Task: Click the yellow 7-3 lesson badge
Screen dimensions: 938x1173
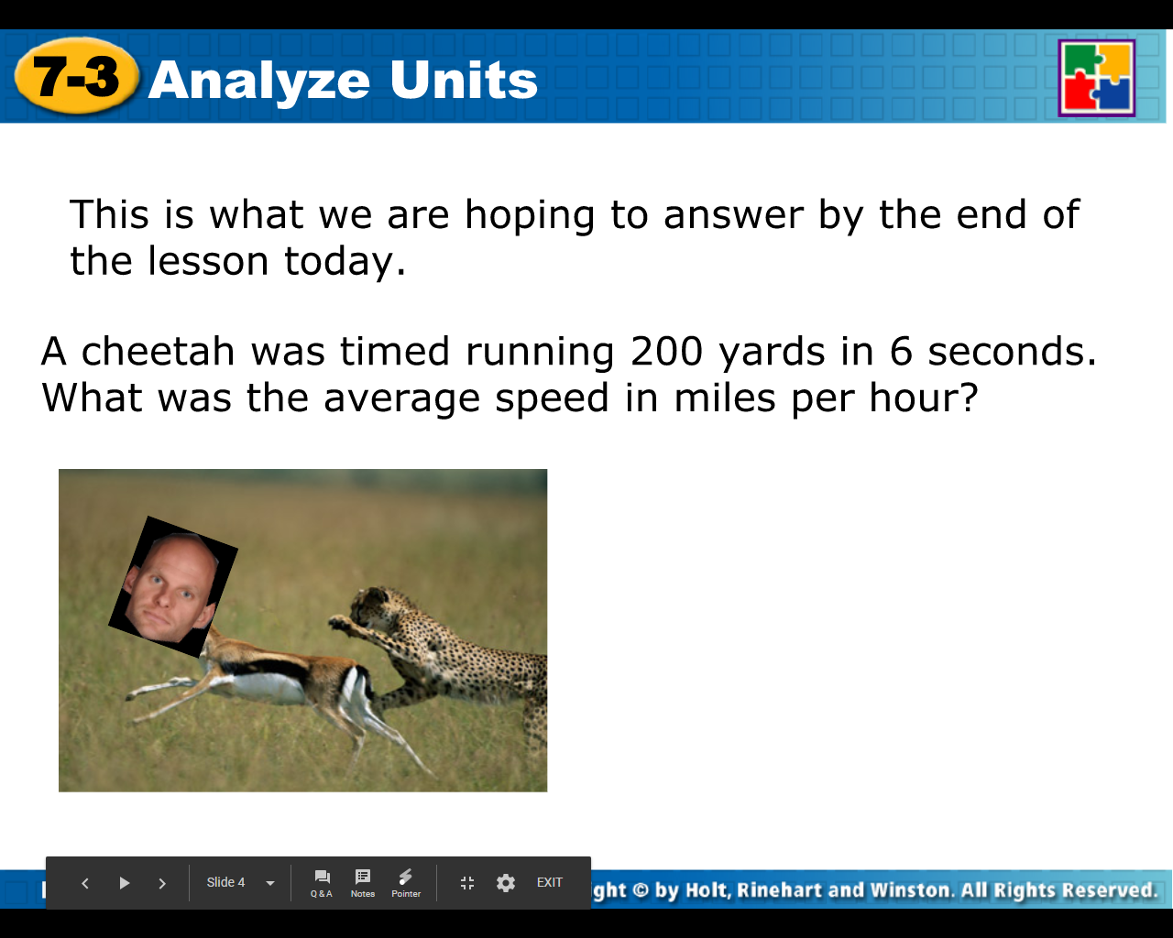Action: point(77,77)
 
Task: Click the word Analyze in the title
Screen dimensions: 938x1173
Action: point(259,81)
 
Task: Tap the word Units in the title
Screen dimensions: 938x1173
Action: point(464,81)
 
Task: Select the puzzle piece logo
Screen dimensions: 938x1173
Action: point(1097,78)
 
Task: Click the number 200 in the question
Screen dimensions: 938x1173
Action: point(666,352)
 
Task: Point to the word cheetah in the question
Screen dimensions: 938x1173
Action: point(159,352)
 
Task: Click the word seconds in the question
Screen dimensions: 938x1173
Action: point(1012,352)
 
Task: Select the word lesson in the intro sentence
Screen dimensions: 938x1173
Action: point(208,261)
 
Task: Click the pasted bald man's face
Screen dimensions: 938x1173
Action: point(171,585)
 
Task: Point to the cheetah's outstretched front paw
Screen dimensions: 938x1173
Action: point(342,624)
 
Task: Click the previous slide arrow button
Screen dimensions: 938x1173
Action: point(85,883)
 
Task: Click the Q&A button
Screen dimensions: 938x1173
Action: point(322,883)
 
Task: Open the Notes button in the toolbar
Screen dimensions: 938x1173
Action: point(363,883)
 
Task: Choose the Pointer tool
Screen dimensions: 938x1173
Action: point(406,883)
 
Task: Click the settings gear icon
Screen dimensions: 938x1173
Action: point(506,883)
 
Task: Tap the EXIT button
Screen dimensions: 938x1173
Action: point(550,883)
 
